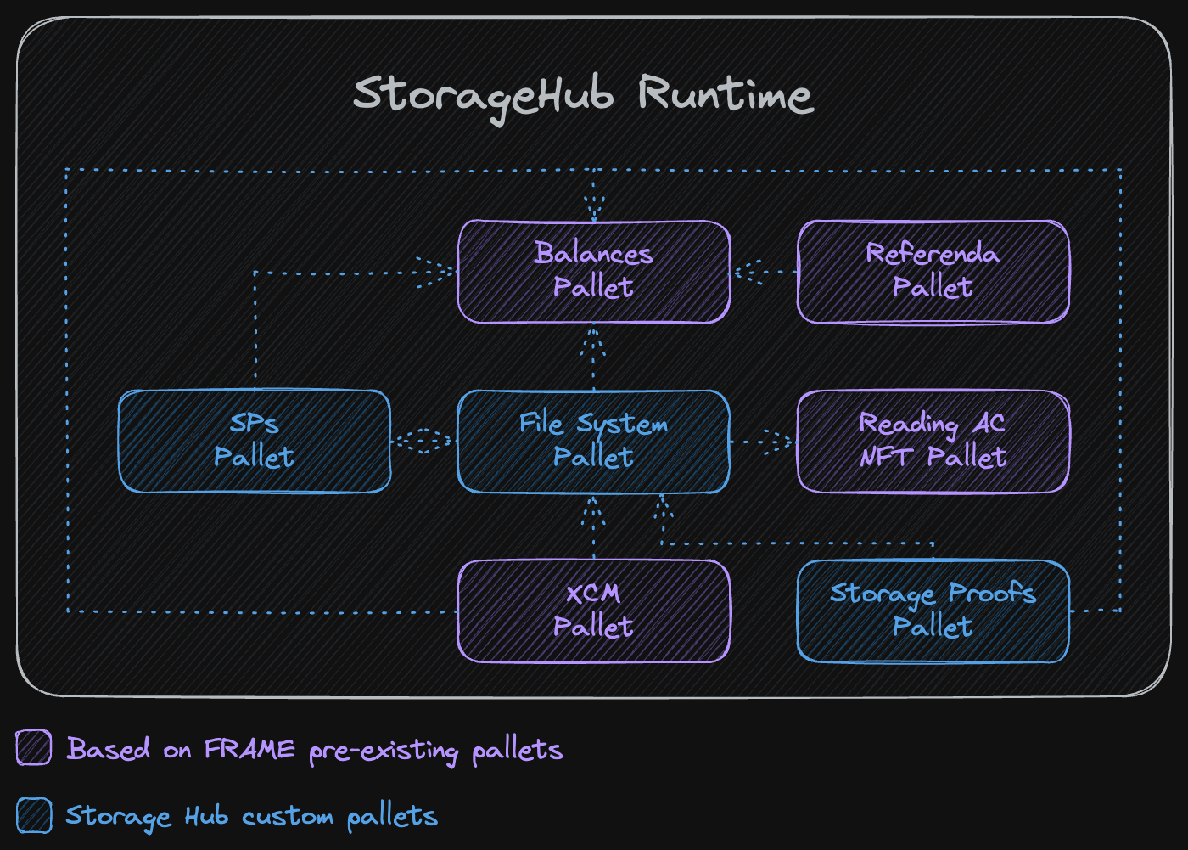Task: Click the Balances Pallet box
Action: (594, 272)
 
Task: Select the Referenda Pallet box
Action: (933, 272)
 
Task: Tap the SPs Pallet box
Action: (254, 442)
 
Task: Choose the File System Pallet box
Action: (593, 442)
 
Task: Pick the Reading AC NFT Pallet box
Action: (933, 442)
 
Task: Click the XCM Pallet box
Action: (593, 611)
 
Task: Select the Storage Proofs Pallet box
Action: (933, 611)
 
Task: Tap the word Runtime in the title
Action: (726, 93)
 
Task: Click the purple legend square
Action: (34, 748)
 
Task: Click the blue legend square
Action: (34, 816)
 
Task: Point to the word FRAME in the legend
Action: (249, 750)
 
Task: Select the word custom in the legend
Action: (288, 817)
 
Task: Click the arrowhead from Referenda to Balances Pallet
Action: (747, 273)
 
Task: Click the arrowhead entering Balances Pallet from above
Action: (594, 207)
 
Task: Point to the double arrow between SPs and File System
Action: (423, 442)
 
